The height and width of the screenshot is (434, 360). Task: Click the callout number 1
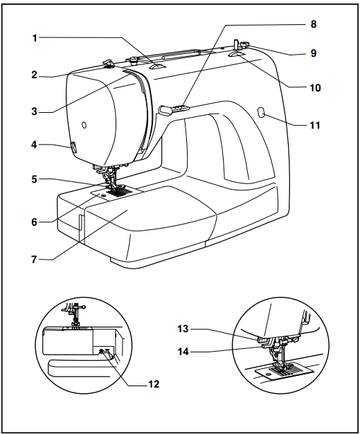pyautogui.click(x=34, y=37)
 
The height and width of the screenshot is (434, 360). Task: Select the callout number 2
pyautogui.click(x=34, y=74)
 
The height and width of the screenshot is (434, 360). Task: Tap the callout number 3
pyautogui.click(x=34, y=111)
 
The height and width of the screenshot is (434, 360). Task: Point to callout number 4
pyautogui.click(x=34, y=145)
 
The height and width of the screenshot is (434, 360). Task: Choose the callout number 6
pyautogui.click(x=34, y=221)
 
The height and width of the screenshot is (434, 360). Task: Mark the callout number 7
pyautogui.click(x=34, y=260)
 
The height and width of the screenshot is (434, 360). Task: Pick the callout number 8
pyautogui.click(x=314, y=24)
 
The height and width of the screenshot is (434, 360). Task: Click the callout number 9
pyautogui.click(x=314, y=53)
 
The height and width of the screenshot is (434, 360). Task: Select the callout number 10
pyautogui.click(x=315, y=88)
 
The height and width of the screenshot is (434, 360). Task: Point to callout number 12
pyautogui.click(x=154, y=383)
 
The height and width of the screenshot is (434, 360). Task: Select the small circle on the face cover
pyautogui.click(x=84, y=125)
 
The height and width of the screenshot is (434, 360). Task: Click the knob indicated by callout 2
pyautogui.click(x=108, y=64)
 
